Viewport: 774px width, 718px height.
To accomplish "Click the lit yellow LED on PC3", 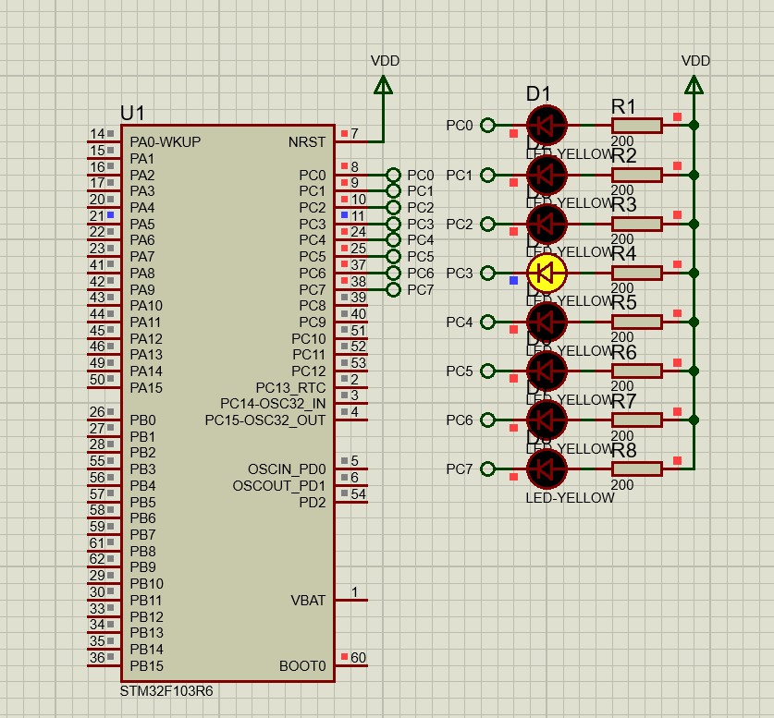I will click(546, 273).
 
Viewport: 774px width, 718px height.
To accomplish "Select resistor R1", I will click(637, 125).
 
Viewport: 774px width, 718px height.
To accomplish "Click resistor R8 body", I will click(637, 469).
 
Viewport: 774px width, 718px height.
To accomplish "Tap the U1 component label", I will click(132, 113).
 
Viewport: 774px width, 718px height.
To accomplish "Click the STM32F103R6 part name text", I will click(166, 691).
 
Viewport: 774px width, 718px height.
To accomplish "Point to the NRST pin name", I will click(307, 142).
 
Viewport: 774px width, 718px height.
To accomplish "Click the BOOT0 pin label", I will click(302, 665).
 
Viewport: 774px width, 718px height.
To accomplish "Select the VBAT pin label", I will click(308, 600).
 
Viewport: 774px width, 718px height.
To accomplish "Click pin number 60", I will click(359, 658).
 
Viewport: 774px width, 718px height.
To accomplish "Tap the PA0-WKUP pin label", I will click(165, 142).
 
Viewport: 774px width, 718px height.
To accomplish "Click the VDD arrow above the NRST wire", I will click(383, 85).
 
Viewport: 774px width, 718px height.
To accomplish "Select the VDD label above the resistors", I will click(695, 60).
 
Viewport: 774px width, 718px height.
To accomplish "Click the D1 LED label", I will click(537, 93).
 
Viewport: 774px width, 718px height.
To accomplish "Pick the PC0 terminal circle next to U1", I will click(394, 175).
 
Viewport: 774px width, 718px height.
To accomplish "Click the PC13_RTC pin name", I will click(290, 386).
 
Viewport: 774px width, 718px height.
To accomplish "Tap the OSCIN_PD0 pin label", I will click(287, 469).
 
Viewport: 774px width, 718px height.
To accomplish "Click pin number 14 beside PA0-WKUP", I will click(97, 135).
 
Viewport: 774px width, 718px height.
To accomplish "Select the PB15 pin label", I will click(146, 665).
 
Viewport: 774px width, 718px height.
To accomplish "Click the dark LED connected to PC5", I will click(546, 371).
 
